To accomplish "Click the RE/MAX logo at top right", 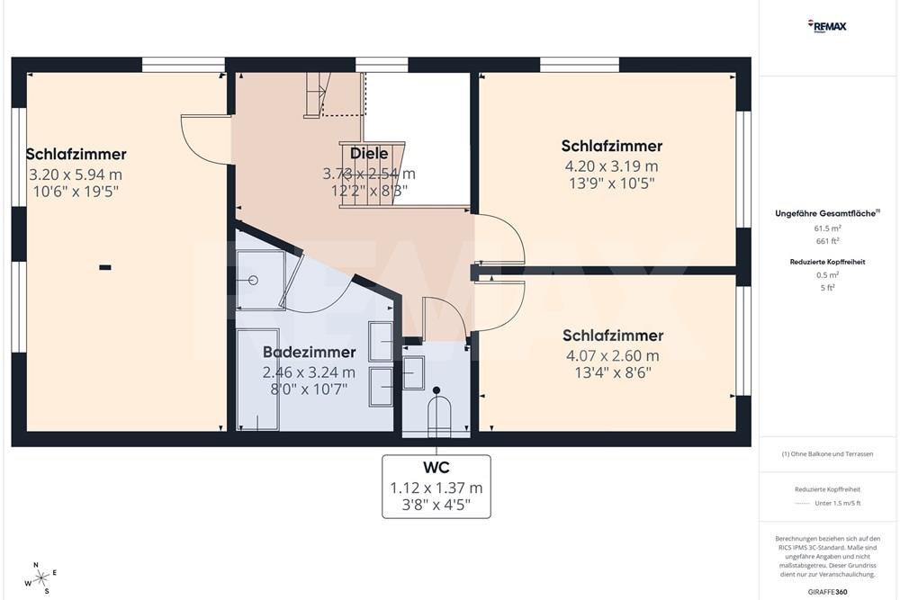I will [x=827, y=26].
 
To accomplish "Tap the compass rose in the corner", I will [x=40, y=578].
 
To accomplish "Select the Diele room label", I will [x=369, y=154].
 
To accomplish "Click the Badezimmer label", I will [x=309, y=353].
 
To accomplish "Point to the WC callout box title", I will [x=436, y=468].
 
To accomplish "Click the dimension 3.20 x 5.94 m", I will [x=76, y=174].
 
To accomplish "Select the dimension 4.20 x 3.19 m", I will [x=611, y=166].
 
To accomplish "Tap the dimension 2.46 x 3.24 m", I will [x=309, y=372].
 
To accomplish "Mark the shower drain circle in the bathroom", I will [x=253, y=281].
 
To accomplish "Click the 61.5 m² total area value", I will [x=826, y=228].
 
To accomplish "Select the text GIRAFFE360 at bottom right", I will [x=828, y=591].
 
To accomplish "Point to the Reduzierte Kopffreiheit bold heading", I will [x=826, y=262].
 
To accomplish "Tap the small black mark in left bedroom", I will [x=105, y=266].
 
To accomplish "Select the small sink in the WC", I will [x=413, y=372].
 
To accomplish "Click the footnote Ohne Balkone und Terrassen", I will [x=827, y=454].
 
